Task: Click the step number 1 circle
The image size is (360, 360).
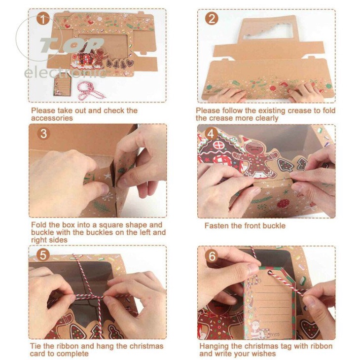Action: (x=43, y=19)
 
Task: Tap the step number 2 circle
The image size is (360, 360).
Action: (x=212, y=19)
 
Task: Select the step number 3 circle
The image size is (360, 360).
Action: (x=43, y=134)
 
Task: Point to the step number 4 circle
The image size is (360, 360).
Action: (x=211, y=134)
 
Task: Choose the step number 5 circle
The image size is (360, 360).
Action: (x=43, y=255)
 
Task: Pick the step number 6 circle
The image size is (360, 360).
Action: (x=212, y=255)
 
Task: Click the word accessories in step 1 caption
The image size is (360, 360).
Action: (x=52, y=118)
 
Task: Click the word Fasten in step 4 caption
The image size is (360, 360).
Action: (x=216, y=226)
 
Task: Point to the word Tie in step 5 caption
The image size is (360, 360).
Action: (x=36, y=346)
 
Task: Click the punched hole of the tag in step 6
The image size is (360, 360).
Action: (x=270, y=273)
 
